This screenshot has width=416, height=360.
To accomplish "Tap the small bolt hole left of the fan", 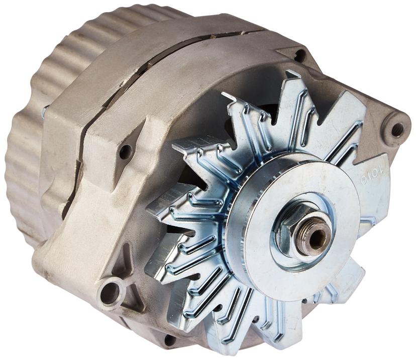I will click(x=125, y=150).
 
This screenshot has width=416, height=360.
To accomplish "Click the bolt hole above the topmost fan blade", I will click(x=300, y=55).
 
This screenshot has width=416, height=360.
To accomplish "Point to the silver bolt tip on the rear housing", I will click(x=44, y=111).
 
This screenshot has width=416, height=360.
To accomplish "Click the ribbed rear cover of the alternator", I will click(x=30, y=151).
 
